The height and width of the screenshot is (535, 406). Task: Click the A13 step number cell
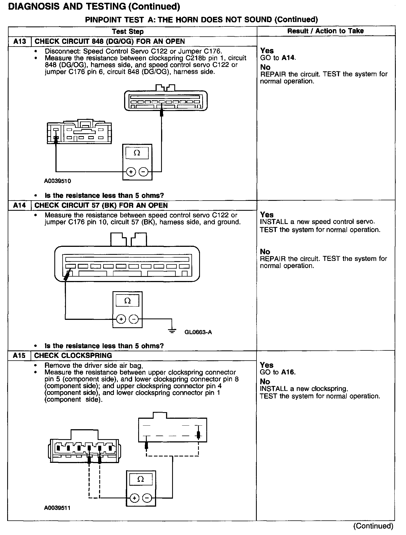click(x=20, y=41)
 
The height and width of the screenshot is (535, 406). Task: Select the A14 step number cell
click(x=20, y=206)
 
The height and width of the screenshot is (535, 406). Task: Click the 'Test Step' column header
click(x=128, y=31)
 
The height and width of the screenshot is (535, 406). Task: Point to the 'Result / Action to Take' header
click(x=325, y=31)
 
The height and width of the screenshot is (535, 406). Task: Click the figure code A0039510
click(x=57, y=181)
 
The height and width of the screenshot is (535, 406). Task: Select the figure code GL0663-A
click(x=198, y=332)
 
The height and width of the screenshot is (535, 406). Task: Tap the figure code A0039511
click(x=57, y=508)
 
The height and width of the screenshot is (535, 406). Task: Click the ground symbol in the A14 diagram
click(x=172, y=331)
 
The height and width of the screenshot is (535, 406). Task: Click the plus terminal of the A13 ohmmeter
click(x=131, y=172)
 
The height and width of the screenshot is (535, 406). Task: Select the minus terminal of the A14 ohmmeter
click(x=134, y=319)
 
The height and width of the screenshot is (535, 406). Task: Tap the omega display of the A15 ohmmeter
click(x=141, y=479)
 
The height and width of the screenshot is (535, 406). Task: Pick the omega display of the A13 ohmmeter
click(x=137, y=153)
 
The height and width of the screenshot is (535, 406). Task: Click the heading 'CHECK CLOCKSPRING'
click(x=73, y=356)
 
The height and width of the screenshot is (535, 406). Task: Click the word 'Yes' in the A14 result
click(x=267, y=215)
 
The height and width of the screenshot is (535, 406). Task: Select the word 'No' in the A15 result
click(x=265, y=382)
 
